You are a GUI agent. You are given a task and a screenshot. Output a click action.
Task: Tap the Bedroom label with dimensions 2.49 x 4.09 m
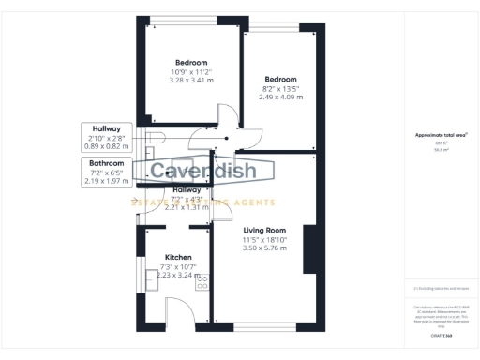280,79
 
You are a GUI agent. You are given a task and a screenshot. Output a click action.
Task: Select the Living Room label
263,230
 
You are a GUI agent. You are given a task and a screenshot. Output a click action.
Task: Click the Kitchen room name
178,257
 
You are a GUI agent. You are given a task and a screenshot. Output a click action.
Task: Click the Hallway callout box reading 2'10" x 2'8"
107,137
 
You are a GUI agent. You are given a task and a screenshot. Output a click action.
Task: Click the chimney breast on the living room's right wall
308,250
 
